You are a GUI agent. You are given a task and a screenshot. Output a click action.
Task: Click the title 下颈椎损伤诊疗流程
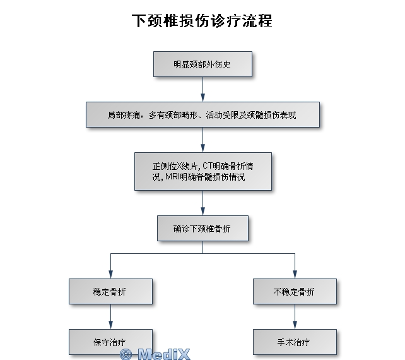click(202, 20)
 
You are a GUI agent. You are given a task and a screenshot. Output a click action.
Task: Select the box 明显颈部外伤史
click(202, 64)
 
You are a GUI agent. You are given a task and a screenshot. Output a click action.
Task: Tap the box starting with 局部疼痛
click(202, 115)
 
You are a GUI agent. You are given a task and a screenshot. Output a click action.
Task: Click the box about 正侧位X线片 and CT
click(202, 171)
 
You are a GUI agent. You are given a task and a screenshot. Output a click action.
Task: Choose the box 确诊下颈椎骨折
click(202, 229)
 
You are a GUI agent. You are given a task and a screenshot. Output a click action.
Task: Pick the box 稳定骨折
click(110, 292)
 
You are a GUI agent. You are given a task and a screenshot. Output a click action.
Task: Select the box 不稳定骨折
click(295, 292)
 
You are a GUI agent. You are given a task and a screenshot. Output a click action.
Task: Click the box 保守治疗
click(110, 342)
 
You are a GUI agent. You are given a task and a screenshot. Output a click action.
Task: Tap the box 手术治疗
click(295, 342)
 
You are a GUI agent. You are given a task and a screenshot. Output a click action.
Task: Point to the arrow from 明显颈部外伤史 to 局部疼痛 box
click(202, 89)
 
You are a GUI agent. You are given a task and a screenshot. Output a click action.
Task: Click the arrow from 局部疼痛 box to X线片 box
click(202, 140)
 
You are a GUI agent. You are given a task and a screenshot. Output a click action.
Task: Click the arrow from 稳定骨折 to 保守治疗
click(110, 316)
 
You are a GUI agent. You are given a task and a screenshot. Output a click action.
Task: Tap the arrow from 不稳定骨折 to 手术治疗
click(295, 316)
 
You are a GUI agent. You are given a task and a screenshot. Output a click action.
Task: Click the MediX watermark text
click(163, 354)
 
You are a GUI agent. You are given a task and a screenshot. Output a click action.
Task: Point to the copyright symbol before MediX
click(126, 354)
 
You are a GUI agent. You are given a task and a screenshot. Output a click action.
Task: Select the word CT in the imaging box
click(209, 165)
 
